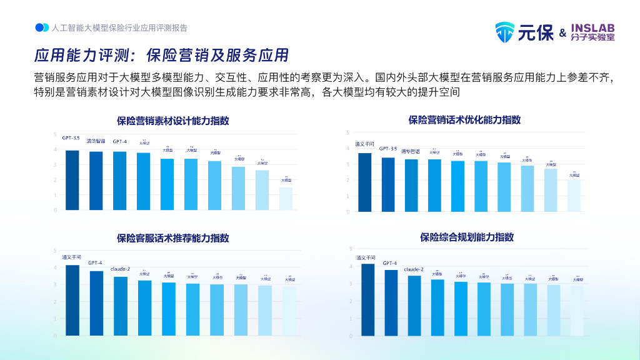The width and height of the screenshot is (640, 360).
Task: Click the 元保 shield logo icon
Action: coord(505,32)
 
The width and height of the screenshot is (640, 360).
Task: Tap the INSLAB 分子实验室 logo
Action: coord(592,32)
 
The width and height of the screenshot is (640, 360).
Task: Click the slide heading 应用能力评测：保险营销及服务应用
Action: coord(161,56)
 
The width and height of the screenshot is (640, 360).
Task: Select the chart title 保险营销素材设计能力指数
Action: coord(173,121)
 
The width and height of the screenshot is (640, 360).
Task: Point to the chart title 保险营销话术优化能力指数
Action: coord(464,119)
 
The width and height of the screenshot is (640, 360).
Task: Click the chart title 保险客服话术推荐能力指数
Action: coord(173,238)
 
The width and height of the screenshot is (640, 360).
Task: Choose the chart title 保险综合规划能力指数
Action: coord(467,237)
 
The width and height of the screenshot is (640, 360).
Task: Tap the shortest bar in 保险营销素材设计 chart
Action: coord(286,198)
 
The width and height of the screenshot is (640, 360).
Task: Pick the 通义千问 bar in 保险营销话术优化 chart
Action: coord(365,182)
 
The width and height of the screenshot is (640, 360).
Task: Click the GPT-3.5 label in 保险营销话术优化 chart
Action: coord(388,149)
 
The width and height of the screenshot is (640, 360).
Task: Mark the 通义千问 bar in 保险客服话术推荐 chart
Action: coord(72,300)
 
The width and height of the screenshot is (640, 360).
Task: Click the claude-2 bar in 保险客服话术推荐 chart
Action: coord(120,306)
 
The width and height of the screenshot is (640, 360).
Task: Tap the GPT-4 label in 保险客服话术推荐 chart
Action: coord(96,263)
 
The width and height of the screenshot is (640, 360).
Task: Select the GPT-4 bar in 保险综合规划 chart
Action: coord(391,302)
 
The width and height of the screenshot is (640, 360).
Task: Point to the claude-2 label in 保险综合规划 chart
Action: coord(414,269)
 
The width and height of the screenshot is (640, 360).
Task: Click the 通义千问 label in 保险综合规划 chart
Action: coord(366,257)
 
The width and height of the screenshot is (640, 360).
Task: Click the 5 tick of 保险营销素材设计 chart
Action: coord(55,136)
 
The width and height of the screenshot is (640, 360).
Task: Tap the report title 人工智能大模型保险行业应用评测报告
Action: coord(119,28)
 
